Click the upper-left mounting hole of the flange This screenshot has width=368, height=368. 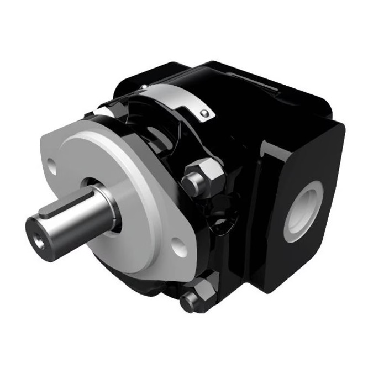[52, 163]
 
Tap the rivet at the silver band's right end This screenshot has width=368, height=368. [205, 113]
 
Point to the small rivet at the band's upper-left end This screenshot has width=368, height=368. [143, 87]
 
